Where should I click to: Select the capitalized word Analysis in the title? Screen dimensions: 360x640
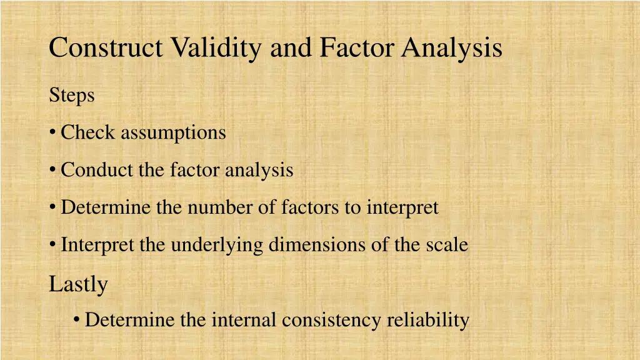(452, 48)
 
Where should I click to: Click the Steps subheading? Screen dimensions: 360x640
(72, 96)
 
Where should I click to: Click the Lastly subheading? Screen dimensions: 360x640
(78, 284)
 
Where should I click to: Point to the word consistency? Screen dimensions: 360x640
(331, 320)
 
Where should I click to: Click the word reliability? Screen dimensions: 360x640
(427, 320)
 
